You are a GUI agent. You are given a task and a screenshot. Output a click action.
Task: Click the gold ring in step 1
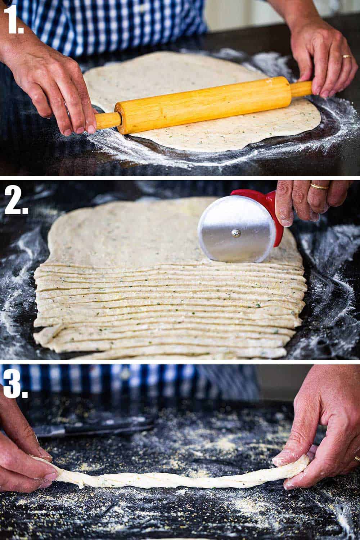point(346,57)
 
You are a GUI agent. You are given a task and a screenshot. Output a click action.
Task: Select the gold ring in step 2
point(320,186)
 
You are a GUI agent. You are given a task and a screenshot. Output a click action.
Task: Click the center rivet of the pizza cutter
point(236,234)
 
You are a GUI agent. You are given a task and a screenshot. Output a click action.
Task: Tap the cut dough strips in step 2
point(162,310)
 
